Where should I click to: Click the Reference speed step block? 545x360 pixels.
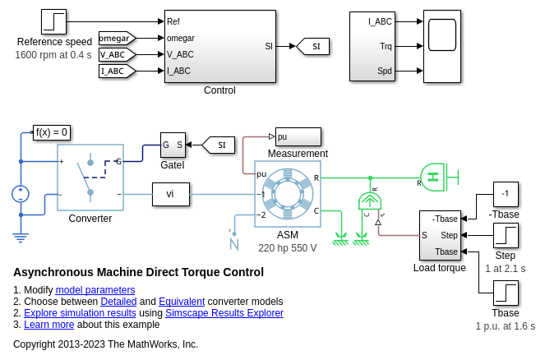coord(54,22)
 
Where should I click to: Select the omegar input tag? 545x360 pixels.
coord(116,38)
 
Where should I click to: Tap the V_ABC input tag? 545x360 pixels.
coord(116,54)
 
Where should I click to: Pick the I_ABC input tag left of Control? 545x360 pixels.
coord(116,71)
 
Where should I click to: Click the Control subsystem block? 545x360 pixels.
coord(219,47)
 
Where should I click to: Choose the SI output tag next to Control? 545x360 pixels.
coord(313,46)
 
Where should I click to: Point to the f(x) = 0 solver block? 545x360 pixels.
coord(52,132)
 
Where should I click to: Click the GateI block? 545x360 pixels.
coord(173,145)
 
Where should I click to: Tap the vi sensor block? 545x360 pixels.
coord(170,194)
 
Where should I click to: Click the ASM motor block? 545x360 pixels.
coord(287,194)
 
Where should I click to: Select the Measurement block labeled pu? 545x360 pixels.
coord(298,136)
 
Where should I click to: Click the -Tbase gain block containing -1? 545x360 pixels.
coord(506,194)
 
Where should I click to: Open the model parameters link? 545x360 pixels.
coord(95,290)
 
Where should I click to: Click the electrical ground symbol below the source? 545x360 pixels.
coord(21,237)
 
